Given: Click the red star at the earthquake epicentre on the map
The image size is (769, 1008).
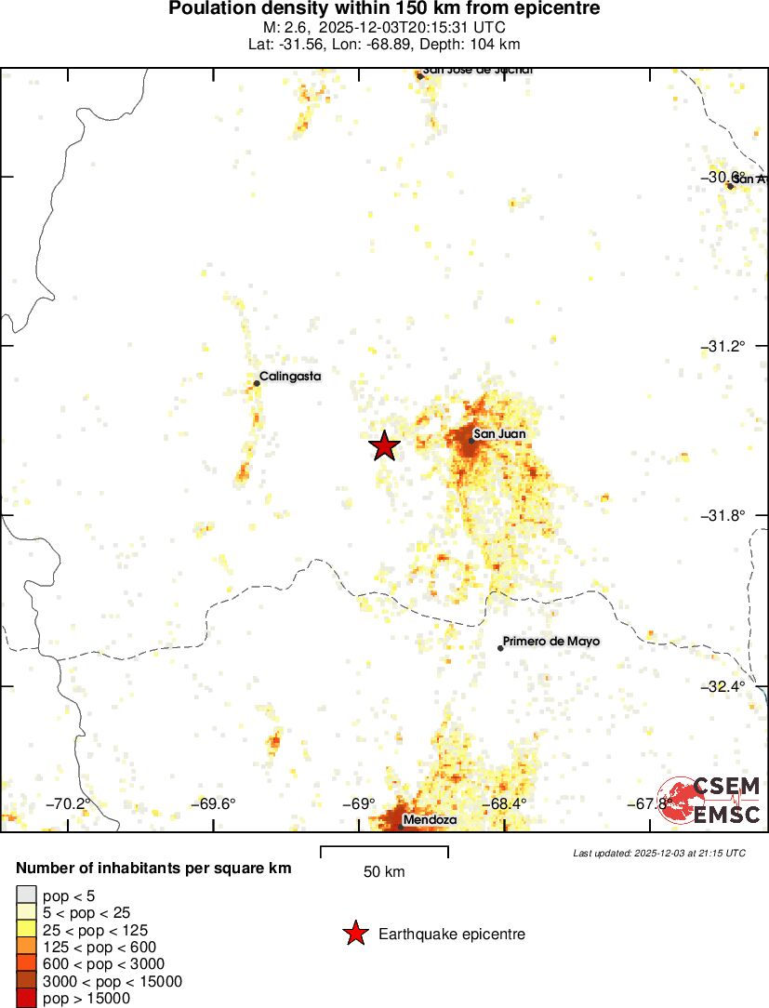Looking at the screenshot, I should [x=384, y=446].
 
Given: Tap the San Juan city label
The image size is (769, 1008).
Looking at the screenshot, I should [x=499, y=433].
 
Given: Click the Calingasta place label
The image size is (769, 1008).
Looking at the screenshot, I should [x=290, y=377].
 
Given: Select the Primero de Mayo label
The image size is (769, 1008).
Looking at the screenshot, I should [x=551, y=642].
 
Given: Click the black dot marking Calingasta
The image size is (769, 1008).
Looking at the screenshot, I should [x=257, y=383].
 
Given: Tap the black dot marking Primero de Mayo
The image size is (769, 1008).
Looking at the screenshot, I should [x=500, y=648].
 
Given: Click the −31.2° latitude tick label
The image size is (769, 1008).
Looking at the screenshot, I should [x=724, y=346].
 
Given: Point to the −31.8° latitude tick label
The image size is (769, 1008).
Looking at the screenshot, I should [x=724, y=515].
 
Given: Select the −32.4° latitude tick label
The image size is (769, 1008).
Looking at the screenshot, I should [x=724, y=686].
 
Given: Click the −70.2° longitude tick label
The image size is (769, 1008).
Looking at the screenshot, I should [x=72, y=804].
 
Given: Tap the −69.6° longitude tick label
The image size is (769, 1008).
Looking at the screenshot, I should [x=214, y=804].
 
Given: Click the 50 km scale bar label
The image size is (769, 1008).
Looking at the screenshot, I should [x=384, y=872].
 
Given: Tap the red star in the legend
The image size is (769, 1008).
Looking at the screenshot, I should [x=354, y=934].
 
